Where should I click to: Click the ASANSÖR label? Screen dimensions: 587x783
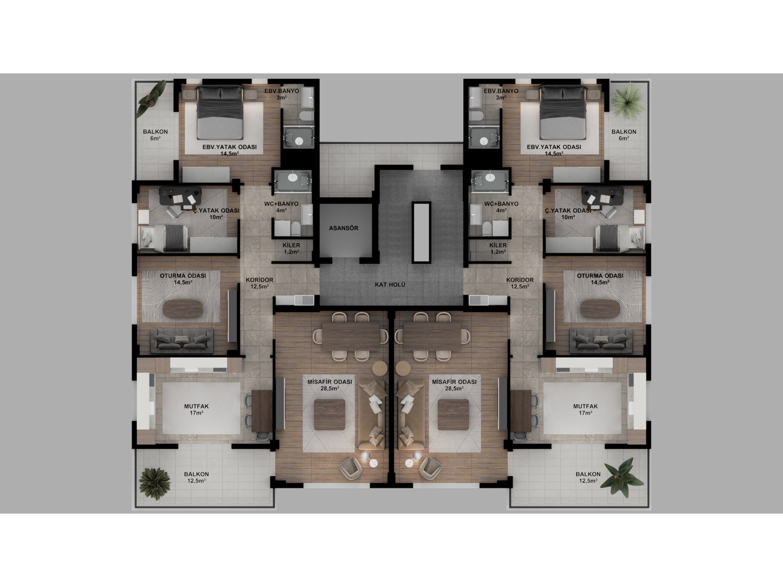click(344, 228)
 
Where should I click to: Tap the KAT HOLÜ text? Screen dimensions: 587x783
click(391, 285)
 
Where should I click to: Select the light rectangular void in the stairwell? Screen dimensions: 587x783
click(420, 232)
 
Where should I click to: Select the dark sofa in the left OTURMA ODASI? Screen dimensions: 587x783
click(182, 340)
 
